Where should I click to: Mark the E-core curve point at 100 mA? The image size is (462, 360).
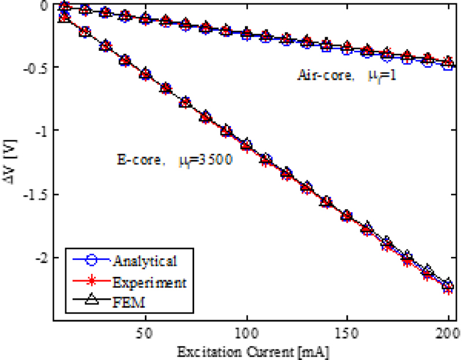click(247, 145)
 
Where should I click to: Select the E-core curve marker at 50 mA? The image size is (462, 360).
click(146, 75)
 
